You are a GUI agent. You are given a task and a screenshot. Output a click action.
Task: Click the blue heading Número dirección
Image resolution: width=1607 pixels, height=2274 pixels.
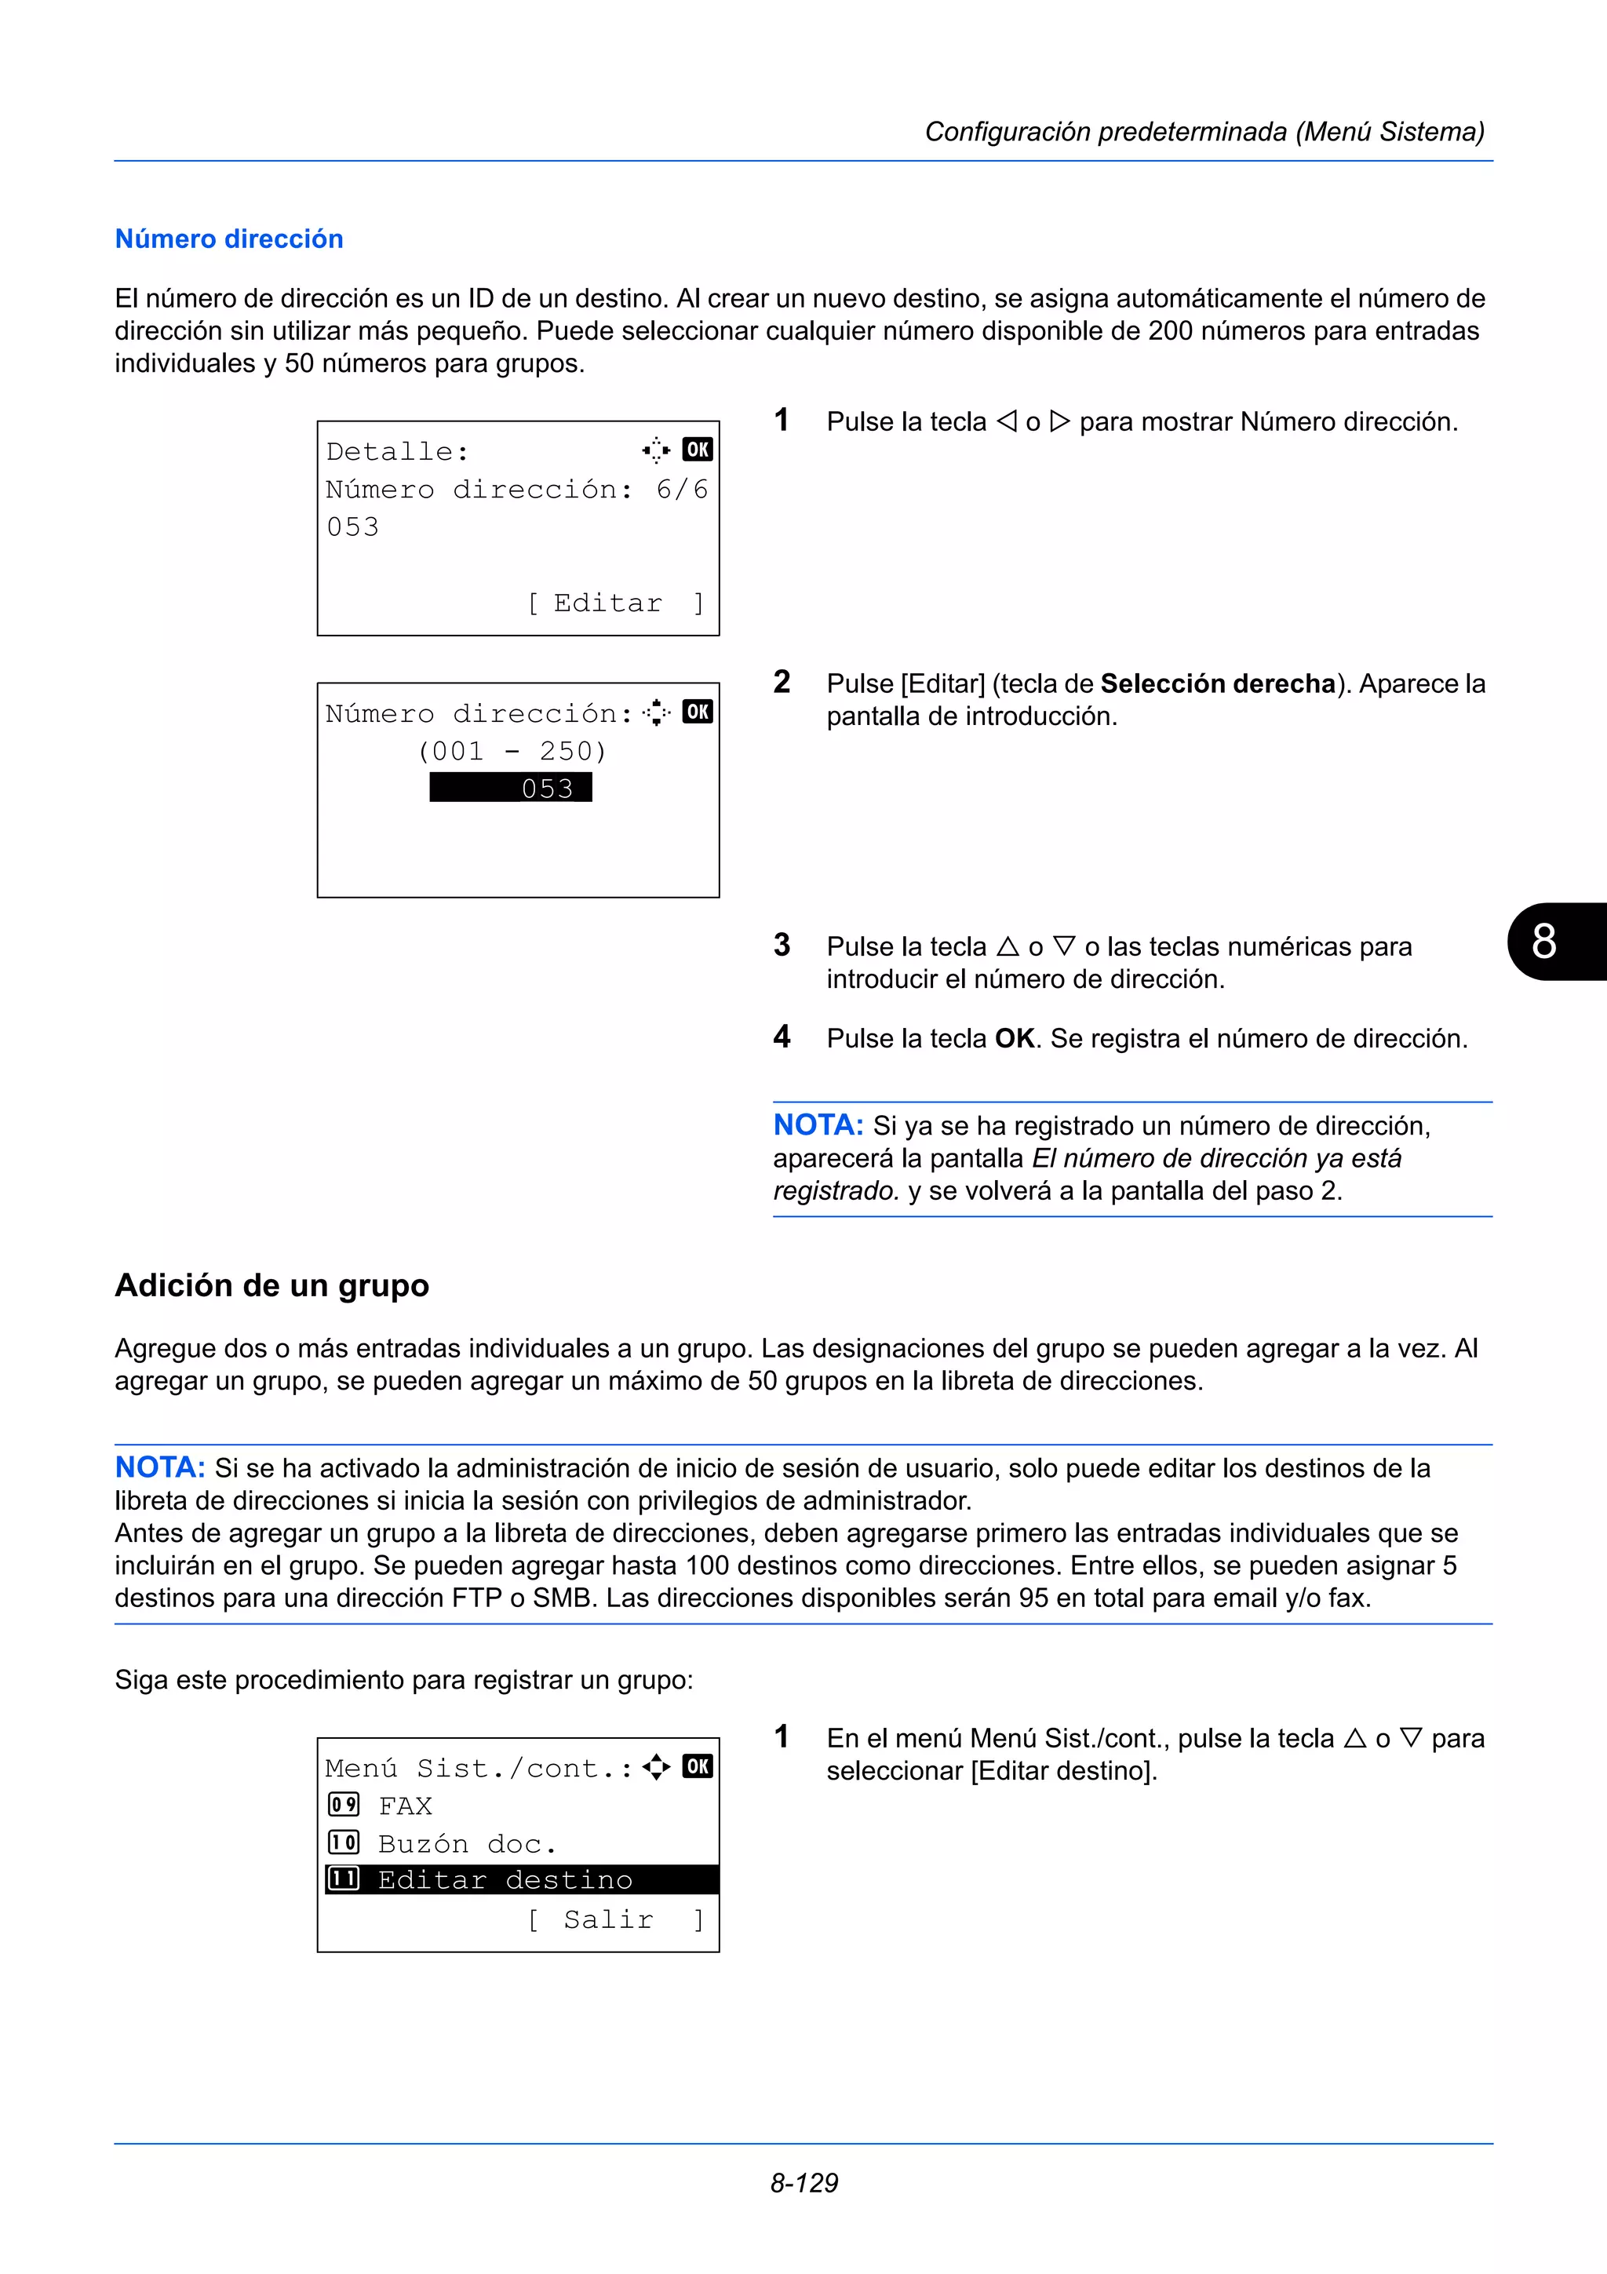228,239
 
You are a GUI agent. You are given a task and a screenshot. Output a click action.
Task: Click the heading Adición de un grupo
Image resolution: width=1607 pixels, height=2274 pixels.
271,1285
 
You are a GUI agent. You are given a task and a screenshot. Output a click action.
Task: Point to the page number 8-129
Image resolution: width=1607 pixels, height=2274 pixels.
804,2182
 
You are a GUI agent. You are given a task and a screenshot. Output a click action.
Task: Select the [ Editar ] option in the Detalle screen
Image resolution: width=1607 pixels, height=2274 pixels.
615,603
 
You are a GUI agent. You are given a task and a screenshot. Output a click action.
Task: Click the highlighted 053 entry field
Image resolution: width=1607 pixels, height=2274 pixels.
511,789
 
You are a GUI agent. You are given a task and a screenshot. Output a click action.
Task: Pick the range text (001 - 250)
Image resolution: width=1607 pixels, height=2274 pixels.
511,751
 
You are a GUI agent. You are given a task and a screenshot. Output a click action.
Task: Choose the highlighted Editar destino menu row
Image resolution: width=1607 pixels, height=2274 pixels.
521,1880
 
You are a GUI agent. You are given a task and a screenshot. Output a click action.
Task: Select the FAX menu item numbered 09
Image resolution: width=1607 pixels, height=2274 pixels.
404,1806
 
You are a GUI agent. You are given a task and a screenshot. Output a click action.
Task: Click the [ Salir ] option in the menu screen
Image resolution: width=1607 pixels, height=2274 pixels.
615,1919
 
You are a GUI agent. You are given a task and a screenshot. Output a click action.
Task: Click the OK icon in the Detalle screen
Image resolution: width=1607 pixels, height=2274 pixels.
697,450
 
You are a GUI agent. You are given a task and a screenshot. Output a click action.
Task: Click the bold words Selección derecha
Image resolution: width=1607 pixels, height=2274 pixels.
1218,683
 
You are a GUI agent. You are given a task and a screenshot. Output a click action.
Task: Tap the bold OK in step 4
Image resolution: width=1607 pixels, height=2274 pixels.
1015,1038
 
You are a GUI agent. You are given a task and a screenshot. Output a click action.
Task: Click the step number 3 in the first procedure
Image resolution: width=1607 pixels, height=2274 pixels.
782,945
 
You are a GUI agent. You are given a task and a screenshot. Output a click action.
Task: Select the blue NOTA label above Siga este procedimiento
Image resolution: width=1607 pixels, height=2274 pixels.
159,1467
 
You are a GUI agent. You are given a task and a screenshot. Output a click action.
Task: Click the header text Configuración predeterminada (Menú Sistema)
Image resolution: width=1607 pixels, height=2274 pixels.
1204,132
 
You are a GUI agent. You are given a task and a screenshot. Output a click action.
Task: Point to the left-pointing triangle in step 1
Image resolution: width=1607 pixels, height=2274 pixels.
1006,422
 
